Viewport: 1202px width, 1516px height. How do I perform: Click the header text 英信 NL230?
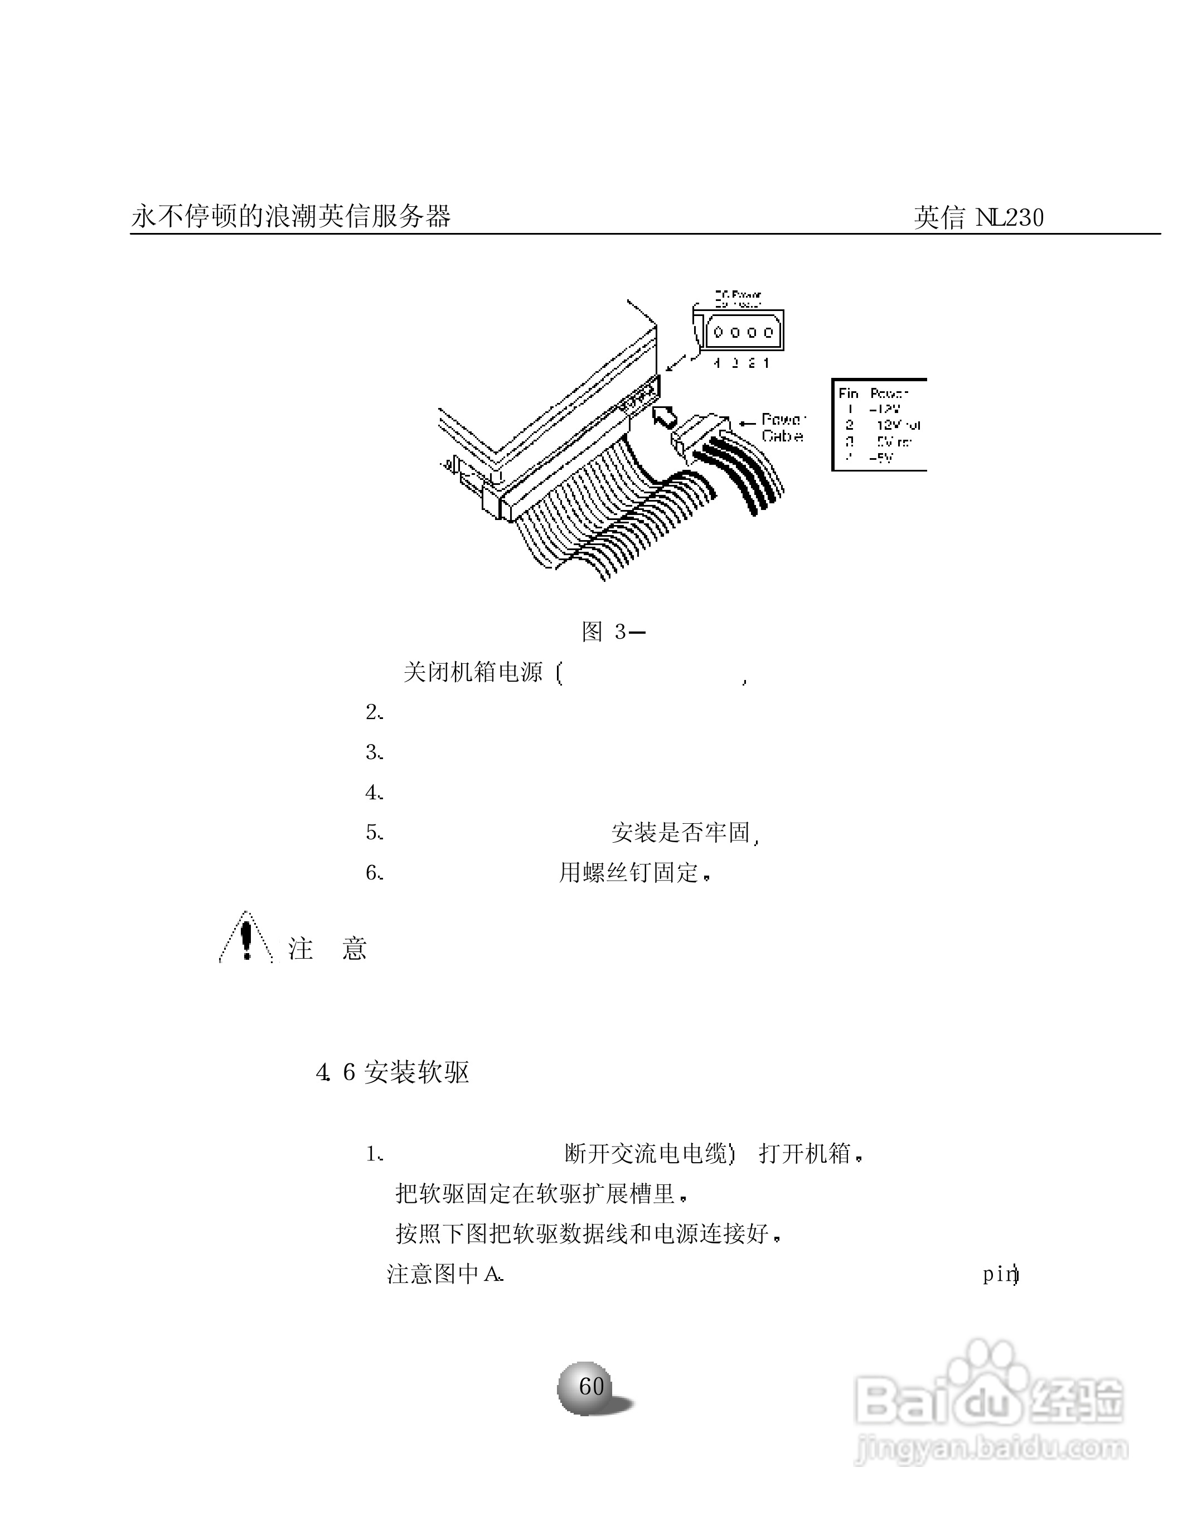[978, 217]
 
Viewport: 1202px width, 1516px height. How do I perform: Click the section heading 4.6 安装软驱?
[392, 1072]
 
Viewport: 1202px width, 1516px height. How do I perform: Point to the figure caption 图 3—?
[613, 631]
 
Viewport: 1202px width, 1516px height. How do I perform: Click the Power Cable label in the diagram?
[782, 427]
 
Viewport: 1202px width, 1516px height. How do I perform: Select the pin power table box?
[879, 425]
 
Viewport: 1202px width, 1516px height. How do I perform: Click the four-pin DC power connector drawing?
[743, 332]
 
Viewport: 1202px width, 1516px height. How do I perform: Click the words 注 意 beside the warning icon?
[327, 949]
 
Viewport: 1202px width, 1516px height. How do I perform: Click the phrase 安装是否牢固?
[680, 833]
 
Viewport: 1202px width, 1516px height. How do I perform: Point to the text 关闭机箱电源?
[473, 672]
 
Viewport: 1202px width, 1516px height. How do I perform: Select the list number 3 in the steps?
[373, 752]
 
